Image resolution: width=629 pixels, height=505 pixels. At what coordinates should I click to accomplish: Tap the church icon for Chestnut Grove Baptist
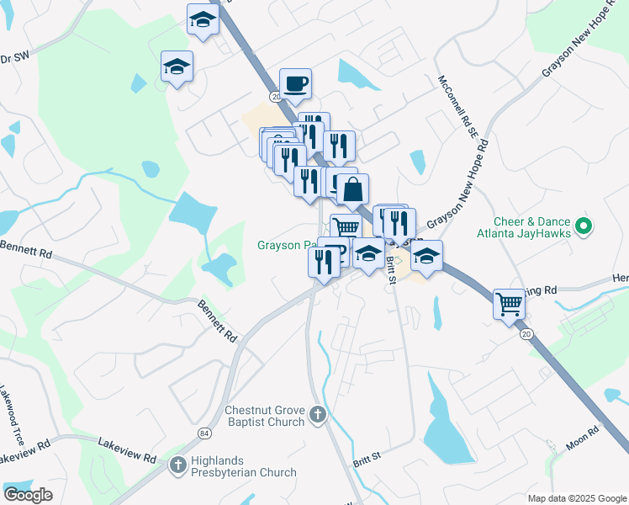tap(317, 414)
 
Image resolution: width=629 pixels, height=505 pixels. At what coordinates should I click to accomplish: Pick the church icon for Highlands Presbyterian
tap(177, 464)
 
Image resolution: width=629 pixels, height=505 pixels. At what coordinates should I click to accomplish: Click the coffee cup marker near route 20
tap(295, 84)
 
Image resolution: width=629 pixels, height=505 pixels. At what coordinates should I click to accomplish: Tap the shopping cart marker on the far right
tap(509, 304)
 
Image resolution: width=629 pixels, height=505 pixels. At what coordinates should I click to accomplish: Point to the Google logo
tap(28, 494)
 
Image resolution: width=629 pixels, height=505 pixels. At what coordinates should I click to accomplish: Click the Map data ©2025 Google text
tap(576, 498)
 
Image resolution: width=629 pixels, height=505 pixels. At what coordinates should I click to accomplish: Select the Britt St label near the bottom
tap(367, 458)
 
